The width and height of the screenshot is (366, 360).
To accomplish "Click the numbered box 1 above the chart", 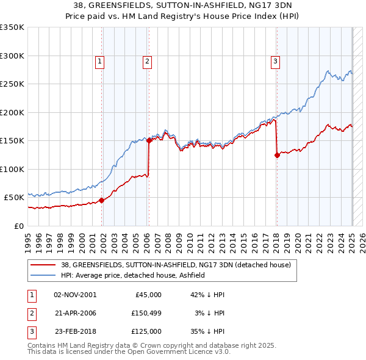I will click(x=99, y=60).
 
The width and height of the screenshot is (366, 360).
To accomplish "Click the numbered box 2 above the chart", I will click(x=148, y=60).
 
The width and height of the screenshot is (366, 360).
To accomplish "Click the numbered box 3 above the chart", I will click(x=276, y=60).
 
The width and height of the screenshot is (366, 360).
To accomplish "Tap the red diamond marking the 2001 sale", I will click(x=102, y=200).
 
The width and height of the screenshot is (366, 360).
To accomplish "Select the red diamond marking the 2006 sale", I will click(x=149, y=140).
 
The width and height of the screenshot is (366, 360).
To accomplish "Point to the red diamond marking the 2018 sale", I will click(x=277, y=155).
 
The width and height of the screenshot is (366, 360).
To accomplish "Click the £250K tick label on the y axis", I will click(x=12, y=84).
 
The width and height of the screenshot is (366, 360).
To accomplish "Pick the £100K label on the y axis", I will click(x=12, y=169).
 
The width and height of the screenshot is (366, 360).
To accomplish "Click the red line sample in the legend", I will click(x=43, y=265).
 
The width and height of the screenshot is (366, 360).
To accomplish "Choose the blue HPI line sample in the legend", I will click(x=43, y=275).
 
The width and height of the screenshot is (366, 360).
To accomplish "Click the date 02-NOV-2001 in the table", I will click(x=75, y=295).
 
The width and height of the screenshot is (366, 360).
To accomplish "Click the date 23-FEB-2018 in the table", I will click(x=75, y=331).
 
